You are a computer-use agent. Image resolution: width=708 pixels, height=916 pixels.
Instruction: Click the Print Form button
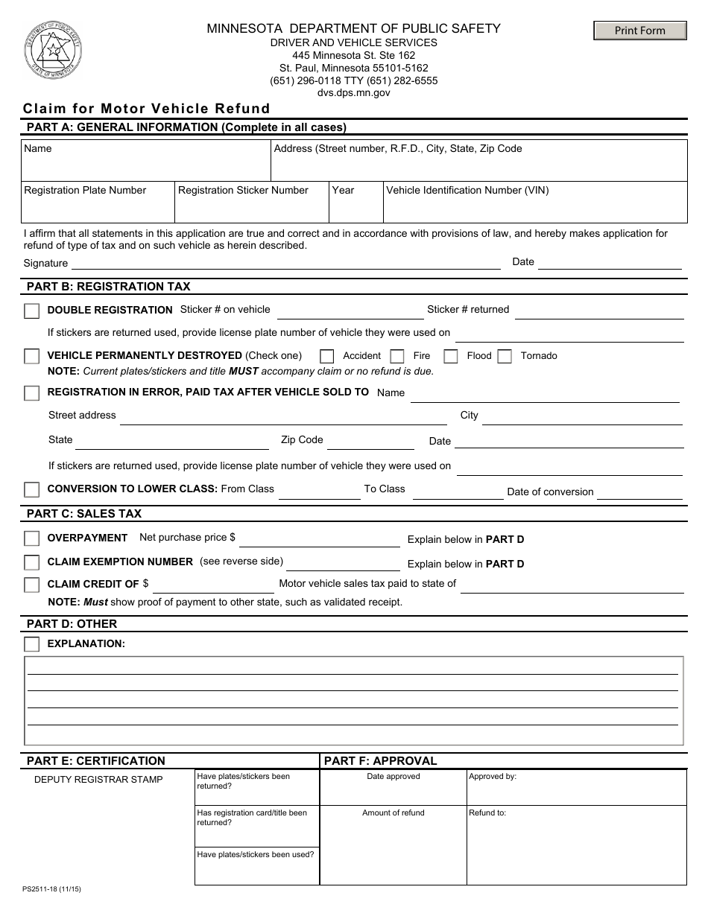coord(639,31)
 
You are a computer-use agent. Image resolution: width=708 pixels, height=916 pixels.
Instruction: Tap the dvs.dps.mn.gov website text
coord(353,93)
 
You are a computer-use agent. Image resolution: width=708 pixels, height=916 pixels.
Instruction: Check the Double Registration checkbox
coord(31,311)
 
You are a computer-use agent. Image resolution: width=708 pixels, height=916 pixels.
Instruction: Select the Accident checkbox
coord(326,356)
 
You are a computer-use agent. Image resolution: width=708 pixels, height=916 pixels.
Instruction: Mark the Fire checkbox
coord(397,356)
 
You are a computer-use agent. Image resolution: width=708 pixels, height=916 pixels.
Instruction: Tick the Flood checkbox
coord(450,356)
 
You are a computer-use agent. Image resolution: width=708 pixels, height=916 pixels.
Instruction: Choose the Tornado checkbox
coord(505,356)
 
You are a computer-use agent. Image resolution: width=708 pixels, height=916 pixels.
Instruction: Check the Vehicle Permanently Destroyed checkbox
coord(31,356)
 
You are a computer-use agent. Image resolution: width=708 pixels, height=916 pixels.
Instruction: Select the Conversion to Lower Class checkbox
coord(31,489)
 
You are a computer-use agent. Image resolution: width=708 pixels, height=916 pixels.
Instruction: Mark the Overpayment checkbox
coord(31,538)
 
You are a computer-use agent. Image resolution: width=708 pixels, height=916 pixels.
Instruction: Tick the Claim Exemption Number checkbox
coord(31,562)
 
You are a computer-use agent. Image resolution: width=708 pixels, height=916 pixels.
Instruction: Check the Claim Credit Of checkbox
coord(31,585)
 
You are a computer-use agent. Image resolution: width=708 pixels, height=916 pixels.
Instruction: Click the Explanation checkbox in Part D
coord(31,644)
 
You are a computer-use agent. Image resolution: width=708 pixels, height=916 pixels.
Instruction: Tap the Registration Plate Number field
coord(98,209)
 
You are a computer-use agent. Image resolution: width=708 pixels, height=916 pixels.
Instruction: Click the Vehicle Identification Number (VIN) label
coord(467,191)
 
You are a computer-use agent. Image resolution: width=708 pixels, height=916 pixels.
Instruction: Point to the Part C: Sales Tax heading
coord(83,514)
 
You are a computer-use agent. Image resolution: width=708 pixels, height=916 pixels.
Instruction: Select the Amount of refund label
coord(393,812)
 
